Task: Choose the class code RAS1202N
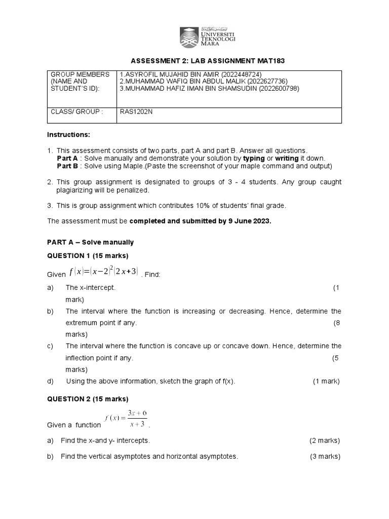tap(136, 112)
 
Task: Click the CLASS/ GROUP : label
tap(76, 112)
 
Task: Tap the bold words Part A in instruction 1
tap(67, 158)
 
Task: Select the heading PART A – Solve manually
tap(90, 242)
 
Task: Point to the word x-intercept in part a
tap(97, 287)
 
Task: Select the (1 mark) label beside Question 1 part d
tap(326, 381)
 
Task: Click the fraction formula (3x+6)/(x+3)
tap(126, 419)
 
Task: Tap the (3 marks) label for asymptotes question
tap(325, 456)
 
